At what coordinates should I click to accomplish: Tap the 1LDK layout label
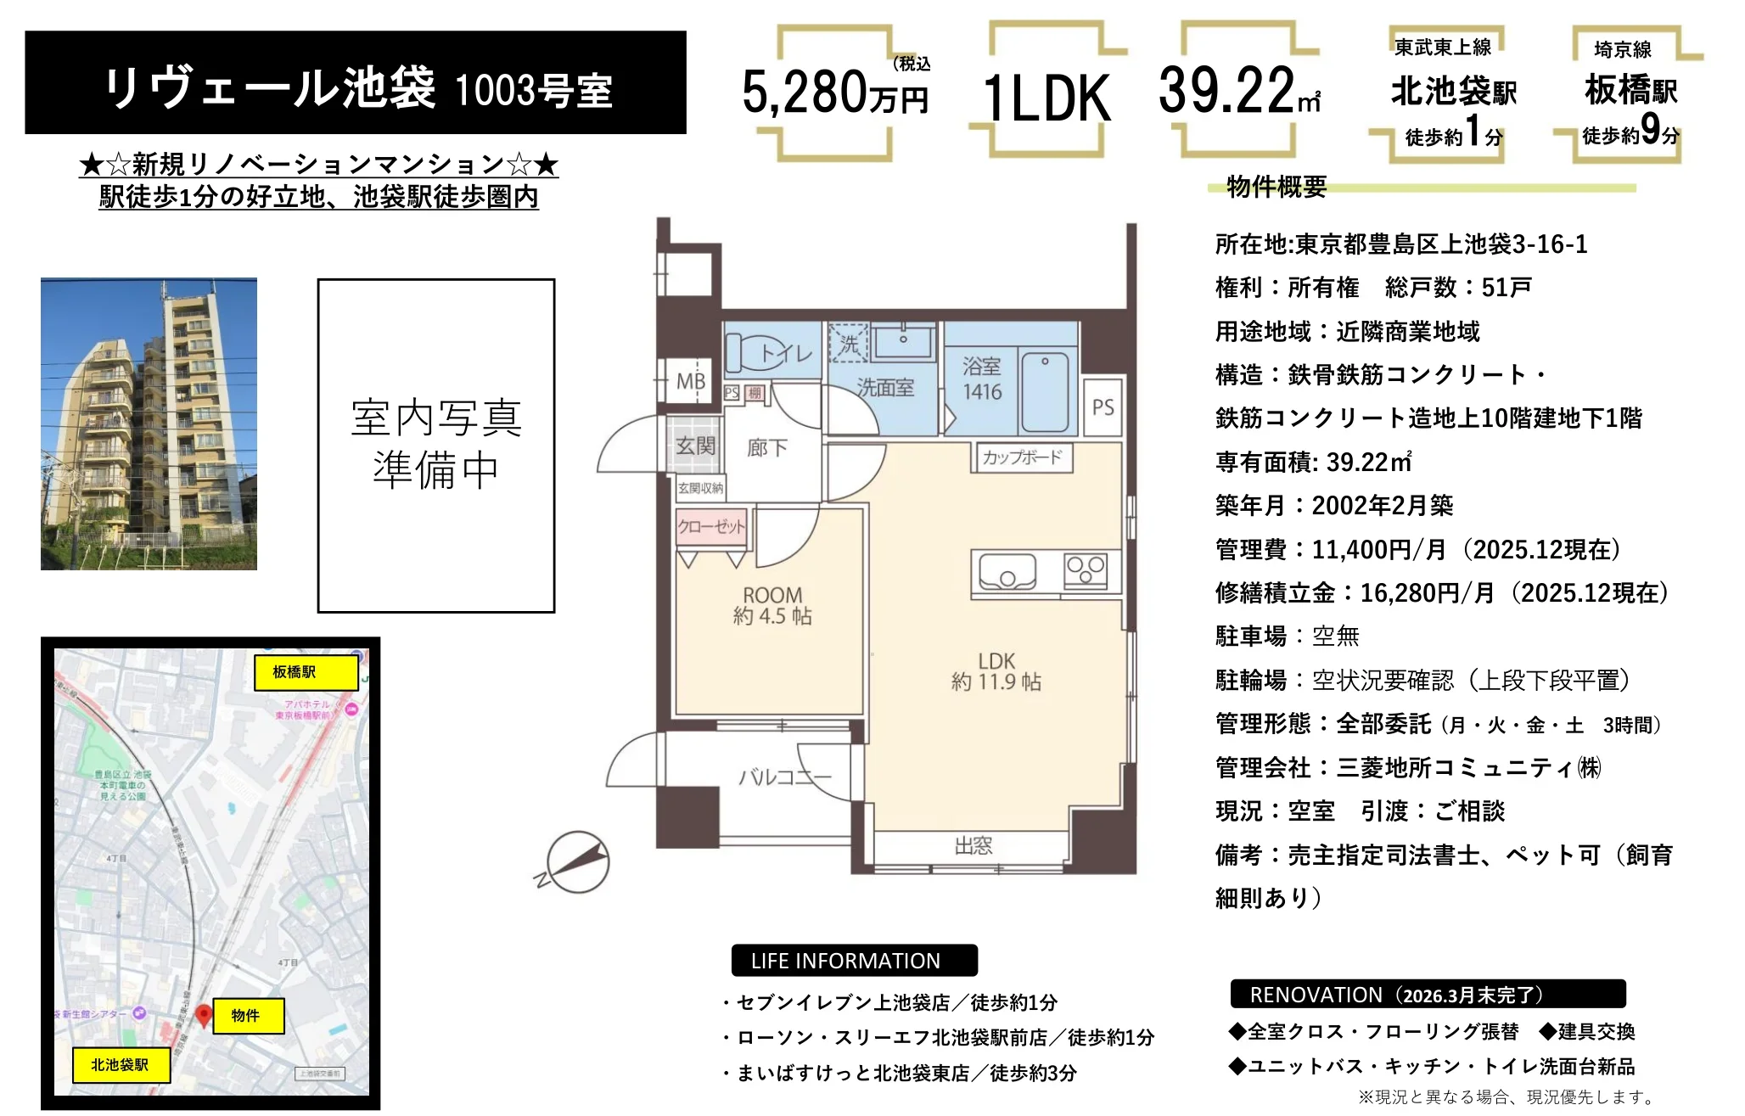1046,98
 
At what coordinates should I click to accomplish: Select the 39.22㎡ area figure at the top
1238,91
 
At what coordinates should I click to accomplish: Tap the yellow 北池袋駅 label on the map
120,1065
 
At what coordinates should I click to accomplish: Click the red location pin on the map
204,1014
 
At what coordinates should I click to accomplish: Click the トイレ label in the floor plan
786,353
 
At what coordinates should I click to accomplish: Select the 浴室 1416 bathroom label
982,379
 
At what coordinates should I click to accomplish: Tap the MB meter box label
691,382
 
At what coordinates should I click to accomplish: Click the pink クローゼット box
711,526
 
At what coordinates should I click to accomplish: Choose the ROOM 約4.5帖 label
772,605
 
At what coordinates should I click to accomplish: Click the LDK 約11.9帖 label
996,670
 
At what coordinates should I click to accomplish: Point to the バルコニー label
784,777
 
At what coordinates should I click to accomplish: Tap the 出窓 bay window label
973,845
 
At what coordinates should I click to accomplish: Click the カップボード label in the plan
1023,457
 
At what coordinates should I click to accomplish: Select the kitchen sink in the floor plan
1007,571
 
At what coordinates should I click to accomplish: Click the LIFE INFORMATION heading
845,961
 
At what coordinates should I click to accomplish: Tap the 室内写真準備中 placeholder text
436,444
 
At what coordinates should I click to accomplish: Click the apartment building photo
149,423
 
